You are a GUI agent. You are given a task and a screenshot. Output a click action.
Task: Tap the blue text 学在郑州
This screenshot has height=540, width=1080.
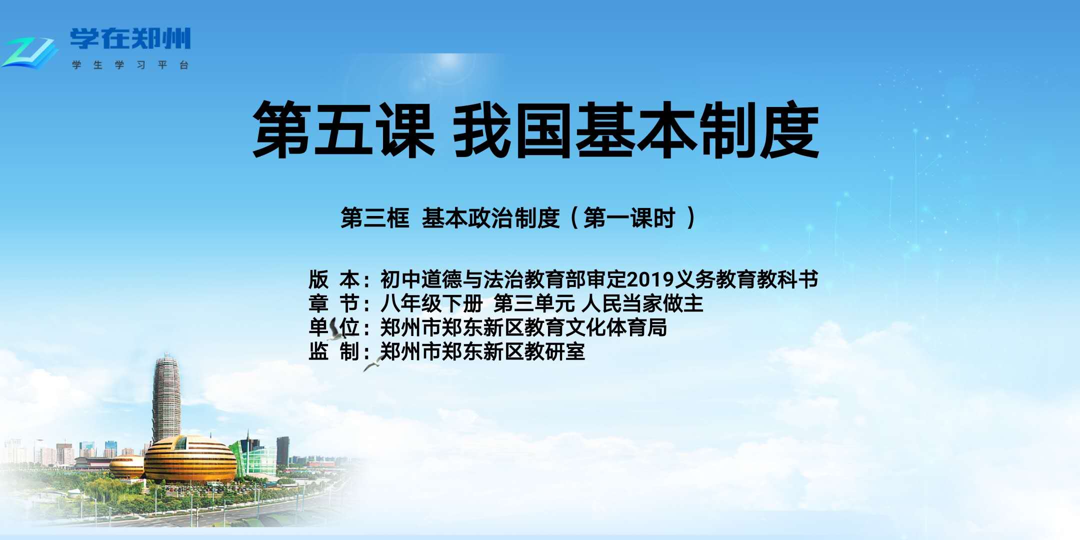[x=130, y=38]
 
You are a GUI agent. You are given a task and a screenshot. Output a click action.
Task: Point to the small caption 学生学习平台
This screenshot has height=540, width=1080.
[x=130, y=65]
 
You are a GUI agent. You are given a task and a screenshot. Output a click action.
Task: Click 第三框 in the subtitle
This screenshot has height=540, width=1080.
[x=375, y=218]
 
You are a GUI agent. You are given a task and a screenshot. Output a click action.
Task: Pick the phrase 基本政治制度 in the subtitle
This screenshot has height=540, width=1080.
[x=490, y=218]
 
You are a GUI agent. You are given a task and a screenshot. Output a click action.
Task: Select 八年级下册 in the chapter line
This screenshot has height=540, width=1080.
[x=431, y=303]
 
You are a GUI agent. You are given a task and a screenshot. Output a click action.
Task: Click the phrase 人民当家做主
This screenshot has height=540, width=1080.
[x=642, y=303]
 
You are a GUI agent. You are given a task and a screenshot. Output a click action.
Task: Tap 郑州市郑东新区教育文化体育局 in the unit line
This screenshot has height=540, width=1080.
[x=523, y=327]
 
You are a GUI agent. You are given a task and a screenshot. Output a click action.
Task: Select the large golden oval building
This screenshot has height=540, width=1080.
[x=190, y=459]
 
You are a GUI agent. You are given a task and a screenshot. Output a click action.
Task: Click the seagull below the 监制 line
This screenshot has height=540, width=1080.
[x=372, y=364]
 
